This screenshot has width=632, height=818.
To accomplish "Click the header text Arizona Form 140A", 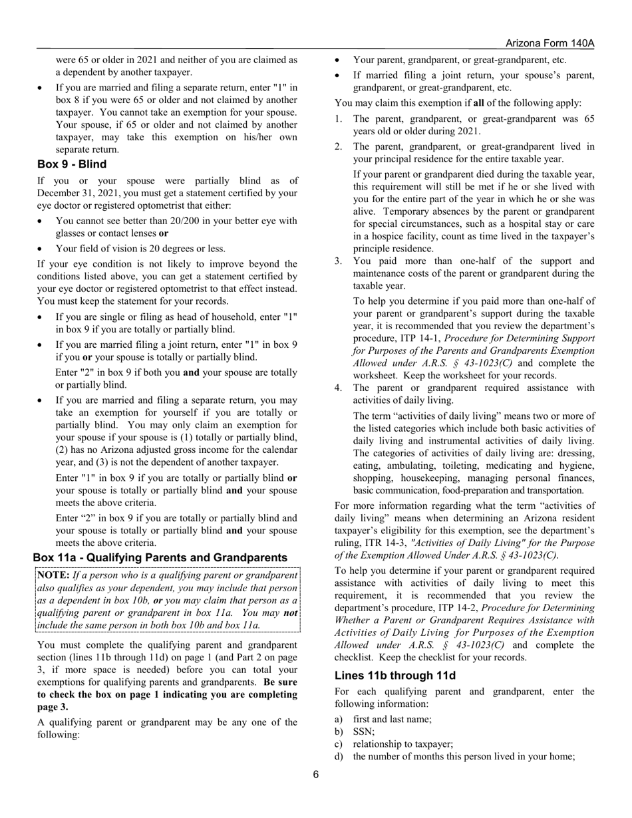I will pyautogui.click(x=550, y=43).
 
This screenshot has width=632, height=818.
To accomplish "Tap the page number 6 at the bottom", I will pyautogui.click(x=316, y=773).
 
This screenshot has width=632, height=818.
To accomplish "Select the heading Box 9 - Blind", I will pyautogui.click(x=72, y=164).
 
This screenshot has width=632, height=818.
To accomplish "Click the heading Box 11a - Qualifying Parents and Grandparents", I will pyautogui.click(x=160, y=557).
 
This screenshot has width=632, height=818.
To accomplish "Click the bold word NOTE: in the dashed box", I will pyautogui.click(x=53, y=575).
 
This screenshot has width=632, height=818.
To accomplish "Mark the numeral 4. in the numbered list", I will pyautogui.click(x=339, y=388).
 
